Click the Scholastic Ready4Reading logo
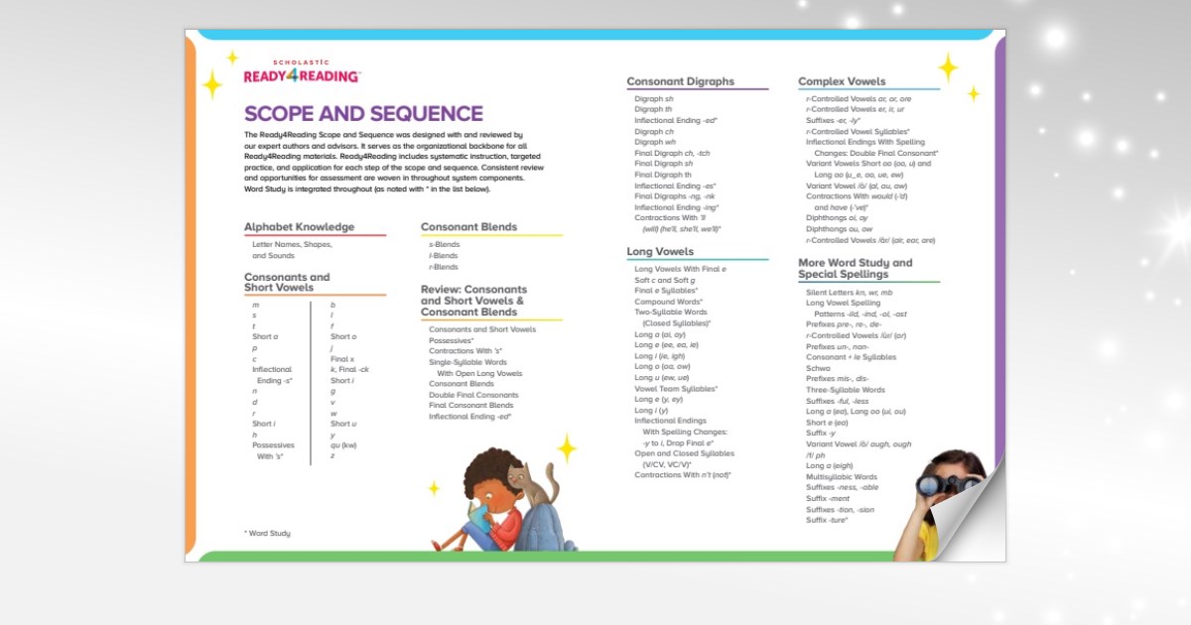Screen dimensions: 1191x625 point(302,71)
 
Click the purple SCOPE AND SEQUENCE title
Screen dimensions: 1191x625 point(363,114)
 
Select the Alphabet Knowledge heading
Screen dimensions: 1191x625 point(299,227)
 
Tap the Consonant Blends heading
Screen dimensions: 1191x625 point(468,227)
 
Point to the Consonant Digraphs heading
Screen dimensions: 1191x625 point(680,81)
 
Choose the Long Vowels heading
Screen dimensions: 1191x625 point(660,252)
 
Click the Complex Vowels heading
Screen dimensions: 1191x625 point(842,81)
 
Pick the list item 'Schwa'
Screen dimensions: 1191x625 point(818,368)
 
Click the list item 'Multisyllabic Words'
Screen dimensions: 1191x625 point(842,476)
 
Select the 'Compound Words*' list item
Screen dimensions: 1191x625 point(668,302)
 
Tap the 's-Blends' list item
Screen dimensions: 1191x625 point(444,244)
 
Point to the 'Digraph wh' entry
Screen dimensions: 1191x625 point(654,142)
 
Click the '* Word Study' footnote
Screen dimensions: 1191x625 point(267,534)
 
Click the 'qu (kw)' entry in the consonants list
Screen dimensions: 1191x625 point(343,445)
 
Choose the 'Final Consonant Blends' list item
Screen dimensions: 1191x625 point(470,406)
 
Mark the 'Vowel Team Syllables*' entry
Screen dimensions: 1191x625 point(675,389)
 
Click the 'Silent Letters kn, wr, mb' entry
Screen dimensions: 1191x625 point(849,293)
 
